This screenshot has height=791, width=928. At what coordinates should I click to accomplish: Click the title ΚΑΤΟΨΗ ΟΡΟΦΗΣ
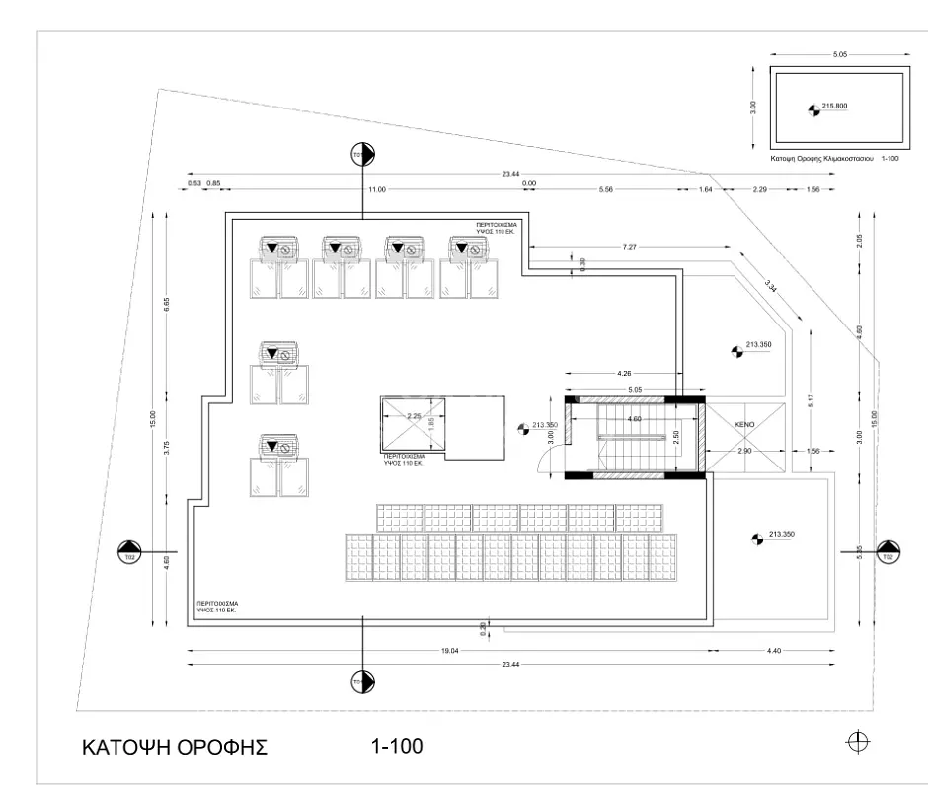pyautogui.click(x=175, y=747)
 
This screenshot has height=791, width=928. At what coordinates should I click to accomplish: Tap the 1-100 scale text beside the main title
pyautogui.click(x=397, y=746)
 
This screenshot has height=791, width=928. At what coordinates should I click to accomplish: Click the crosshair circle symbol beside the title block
pyautogui.click(x=858, y=742)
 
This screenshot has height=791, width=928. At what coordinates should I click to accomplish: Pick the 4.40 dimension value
pyautogui.click(x=773, y=650)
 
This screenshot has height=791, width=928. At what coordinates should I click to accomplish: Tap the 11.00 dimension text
pyautogui.click(x=376, y=188)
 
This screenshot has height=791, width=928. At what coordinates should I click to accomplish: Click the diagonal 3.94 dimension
pyautogui.click(x=772, y=287)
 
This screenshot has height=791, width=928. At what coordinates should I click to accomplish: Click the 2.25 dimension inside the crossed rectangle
pyautogui.click(x=415, y=416)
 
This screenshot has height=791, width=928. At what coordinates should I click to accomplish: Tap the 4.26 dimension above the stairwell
pyautogui.click(x=623, y=374)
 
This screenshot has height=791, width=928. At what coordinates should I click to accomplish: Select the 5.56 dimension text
pyautogui.click(x=606, y=188)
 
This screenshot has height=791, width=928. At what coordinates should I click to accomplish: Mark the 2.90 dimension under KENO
pyautogui.click(x=745, y=450)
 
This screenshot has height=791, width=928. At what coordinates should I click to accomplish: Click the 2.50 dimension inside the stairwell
pyautogui.click(x=675, y=437)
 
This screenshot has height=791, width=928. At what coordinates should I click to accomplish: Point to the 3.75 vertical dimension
pyautogui.click(x=167, y=446)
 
